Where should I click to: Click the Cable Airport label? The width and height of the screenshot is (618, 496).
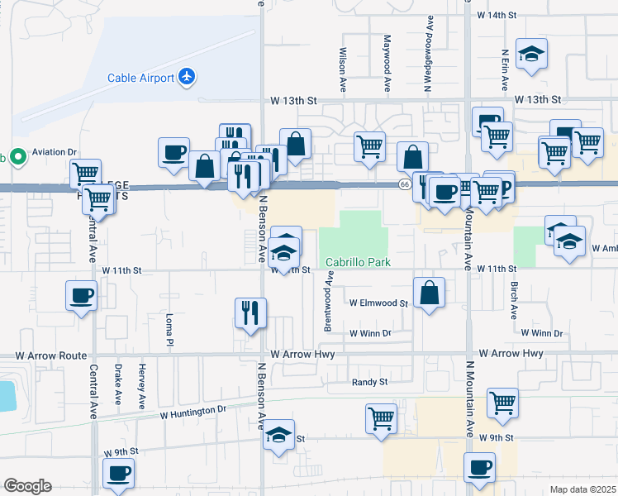pos(140,79)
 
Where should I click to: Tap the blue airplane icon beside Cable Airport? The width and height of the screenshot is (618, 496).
pos(188,77)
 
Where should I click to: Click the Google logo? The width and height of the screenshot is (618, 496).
pos(27,486)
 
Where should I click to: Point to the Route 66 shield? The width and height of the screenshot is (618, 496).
pos(403,184)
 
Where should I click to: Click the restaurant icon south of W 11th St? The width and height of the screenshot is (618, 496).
pos(250,313)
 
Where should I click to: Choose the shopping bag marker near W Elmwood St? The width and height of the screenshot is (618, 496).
pos(429,293)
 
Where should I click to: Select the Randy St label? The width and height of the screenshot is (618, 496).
pos(369,382)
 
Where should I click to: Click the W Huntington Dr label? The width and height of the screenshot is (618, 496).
pos(193,411)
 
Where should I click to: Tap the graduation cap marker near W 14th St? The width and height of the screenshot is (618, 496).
pos(530,55)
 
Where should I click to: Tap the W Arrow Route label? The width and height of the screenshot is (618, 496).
pos(50,355)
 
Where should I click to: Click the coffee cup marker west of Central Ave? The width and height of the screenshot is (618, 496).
pos(82,296)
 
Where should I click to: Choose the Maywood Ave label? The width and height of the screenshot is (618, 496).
pos(386,63)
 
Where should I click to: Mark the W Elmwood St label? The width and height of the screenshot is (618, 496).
pos(378,304)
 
